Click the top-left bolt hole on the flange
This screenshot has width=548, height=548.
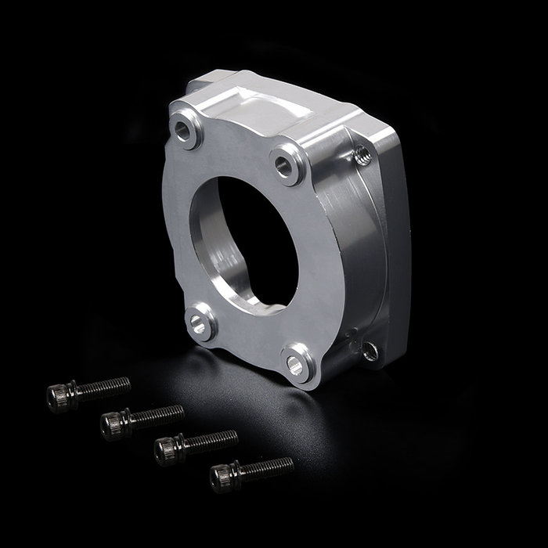click(x=186, y=130)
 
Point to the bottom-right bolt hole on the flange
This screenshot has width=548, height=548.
click(x=296, y=363)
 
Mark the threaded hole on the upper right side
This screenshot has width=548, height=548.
click(x=362, y=156)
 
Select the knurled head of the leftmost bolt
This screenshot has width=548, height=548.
click(x=59, y=396)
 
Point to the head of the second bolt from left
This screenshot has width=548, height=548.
click(x=113, y=424)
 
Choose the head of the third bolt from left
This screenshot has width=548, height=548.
click(x=167, y=449)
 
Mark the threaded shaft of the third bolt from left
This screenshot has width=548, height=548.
click(x=213, y=438)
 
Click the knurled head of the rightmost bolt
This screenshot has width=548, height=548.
click(x=222, y=477)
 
